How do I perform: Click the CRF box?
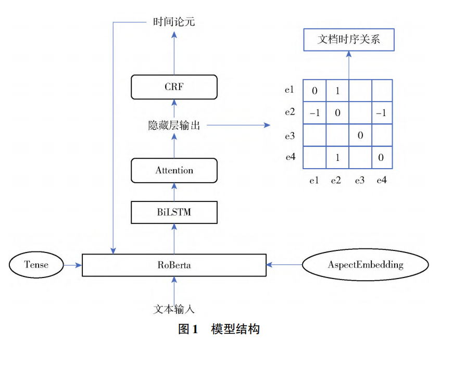click(174, 87)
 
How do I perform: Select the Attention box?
click(174, 170)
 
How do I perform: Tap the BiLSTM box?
click(174, 212)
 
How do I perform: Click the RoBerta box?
click(174, 265)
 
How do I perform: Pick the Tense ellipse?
click(36, 264)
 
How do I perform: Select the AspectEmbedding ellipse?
click(365, 264)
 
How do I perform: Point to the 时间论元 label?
click(174, 22)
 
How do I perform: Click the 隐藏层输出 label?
click(174, 125)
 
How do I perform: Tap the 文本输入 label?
click(174, 309)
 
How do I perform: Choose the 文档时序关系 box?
click(348, 40)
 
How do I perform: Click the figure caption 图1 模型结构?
click(219, 329)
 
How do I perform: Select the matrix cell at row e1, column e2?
click(337, 91)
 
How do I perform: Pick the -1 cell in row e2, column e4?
click(381, 113)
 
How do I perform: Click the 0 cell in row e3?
click(359, 135)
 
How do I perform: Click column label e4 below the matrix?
click(381, 181)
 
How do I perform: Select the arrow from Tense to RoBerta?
click(72, 265)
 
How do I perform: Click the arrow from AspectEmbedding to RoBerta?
click(284, 264)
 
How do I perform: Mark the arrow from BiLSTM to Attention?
click(174, 192)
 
